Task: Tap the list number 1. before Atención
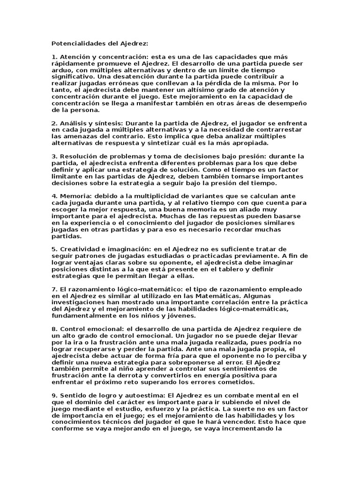coord(54,56)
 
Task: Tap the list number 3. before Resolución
coord(54,156)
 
